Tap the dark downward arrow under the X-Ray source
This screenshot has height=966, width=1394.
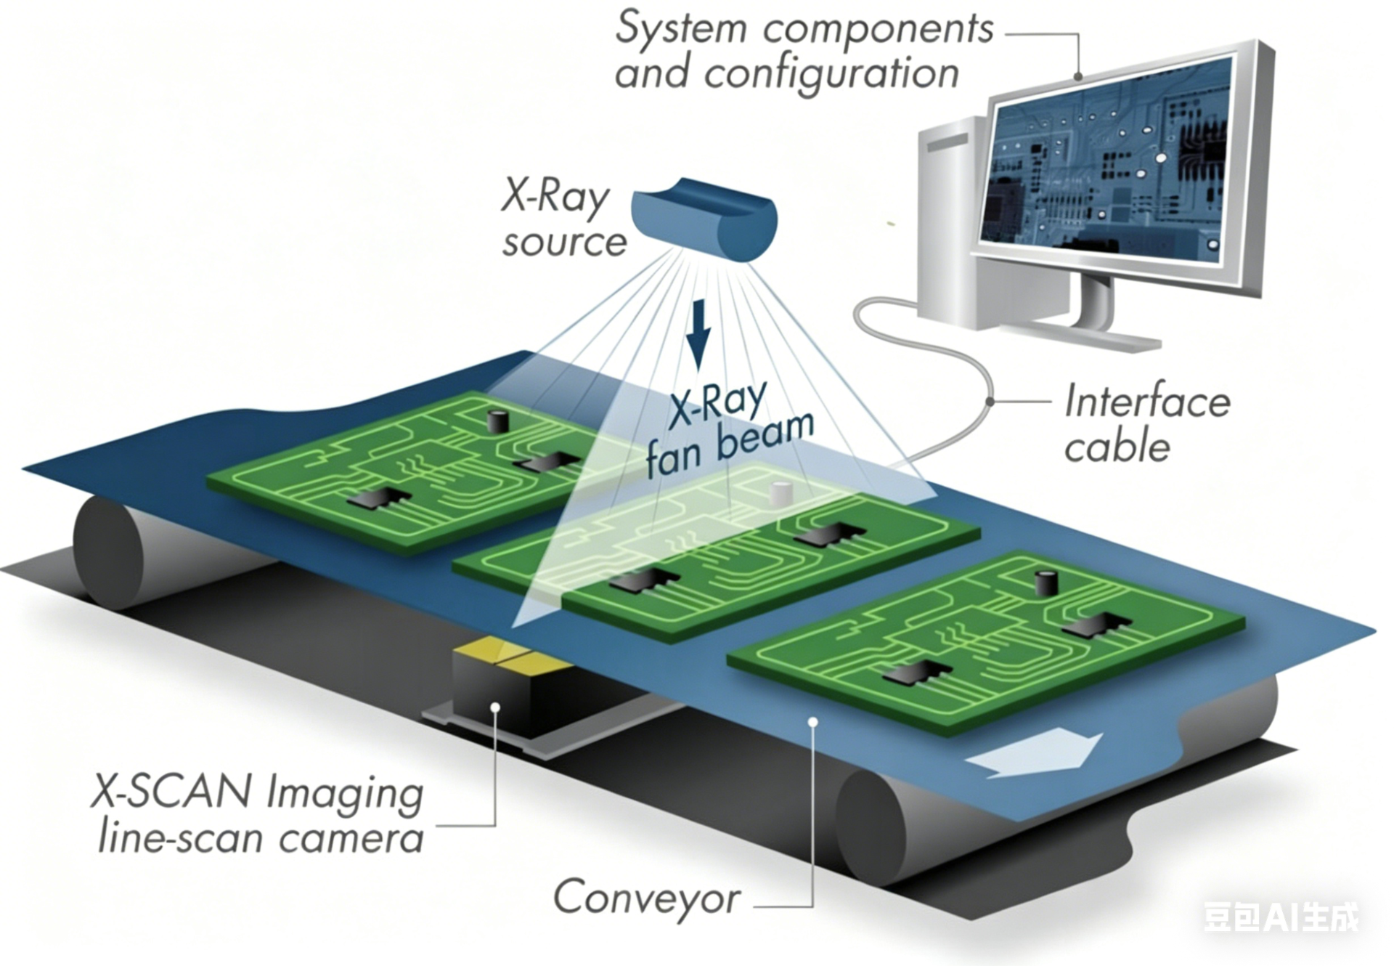[x=698, y=336]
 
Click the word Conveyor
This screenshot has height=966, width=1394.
[x=647, y=898]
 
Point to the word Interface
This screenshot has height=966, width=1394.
[x=1147, y=402]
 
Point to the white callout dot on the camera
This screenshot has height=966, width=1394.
[x=496, y=706]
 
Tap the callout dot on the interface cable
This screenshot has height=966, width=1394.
[x=990, y=401]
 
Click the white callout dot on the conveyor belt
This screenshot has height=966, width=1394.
[x=814, y=722]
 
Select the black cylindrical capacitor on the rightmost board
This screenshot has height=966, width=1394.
[x=1045, y=583]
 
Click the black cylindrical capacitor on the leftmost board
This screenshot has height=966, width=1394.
[x=497, y=421]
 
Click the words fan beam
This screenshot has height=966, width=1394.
[x=730, y=445]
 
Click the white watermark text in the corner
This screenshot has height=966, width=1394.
[x=1281, y=917]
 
